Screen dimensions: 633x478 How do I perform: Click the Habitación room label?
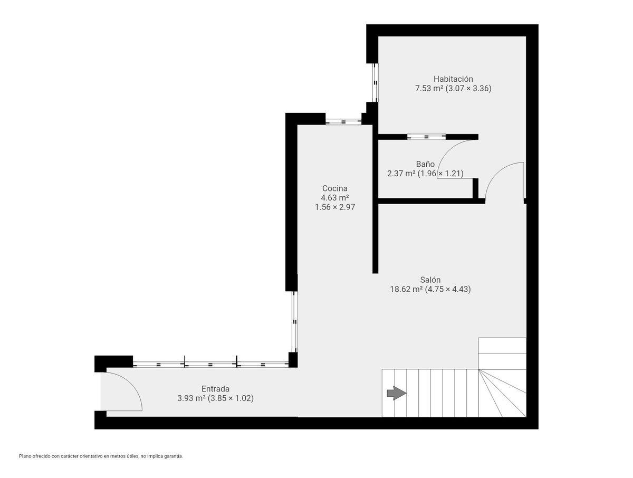tap(453, 79)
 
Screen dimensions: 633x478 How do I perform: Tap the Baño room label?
tap(425, 164)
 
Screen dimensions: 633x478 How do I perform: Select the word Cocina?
tap(335, 188)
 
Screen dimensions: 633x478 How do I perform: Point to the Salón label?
tap(430, 280)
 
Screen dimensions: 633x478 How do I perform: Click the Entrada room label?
tap(215, 389)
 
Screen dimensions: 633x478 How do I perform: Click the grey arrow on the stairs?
tap(397, 393)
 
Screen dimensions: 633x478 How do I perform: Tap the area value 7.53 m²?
tap(429, 88)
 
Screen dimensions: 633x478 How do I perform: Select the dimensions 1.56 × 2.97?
tap(335, 207)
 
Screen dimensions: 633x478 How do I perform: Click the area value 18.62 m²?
tap(407, 289)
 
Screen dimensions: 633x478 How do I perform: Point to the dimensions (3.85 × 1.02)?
tap(231, 398)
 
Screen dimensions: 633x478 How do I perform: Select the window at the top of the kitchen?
tap(343, 122)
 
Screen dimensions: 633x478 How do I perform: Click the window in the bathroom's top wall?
tap(426, 137)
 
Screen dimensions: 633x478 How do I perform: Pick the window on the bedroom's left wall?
tap(375, 82)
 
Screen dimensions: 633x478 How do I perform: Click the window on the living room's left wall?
tap(294, 322)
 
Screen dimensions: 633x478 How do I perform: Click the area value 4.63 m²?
tap(335, 198)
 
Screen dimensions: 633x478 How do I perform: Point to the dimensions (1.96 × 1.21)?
tap(440, 174)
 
